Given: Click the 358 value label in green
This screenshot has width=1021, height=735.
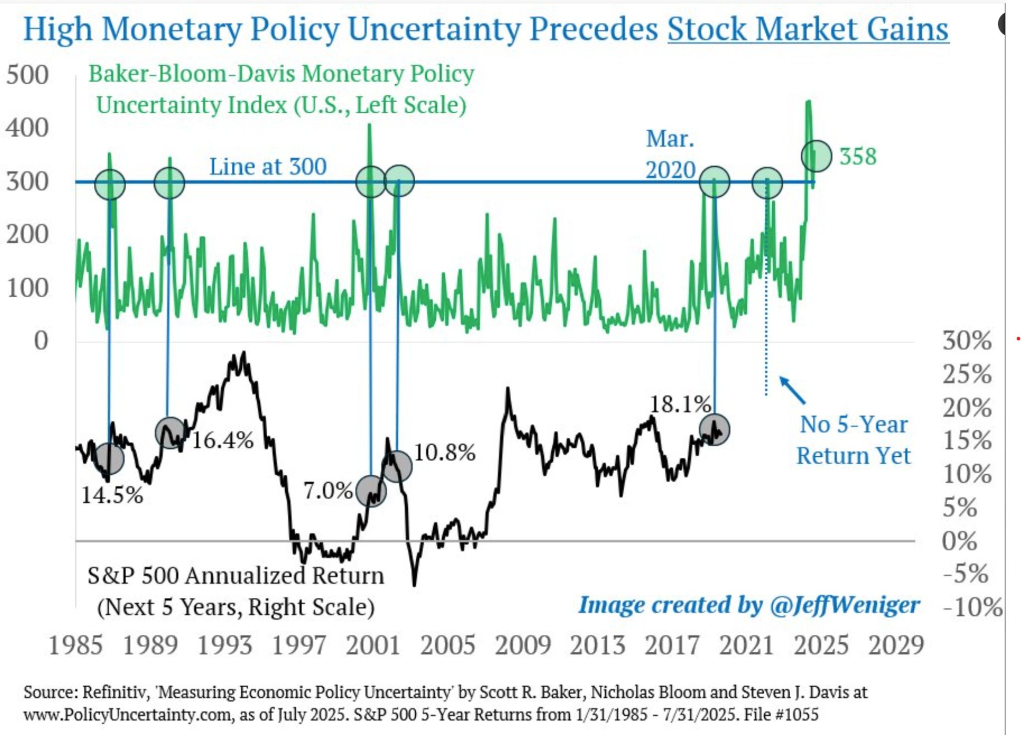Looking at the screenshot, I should click(x=857, y=157).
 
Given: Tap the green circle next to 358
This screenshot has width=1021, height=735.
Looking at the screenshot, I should click(x=817, y=156).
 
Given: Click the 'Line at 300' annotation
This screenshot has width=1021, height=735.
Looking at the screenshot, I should click(x=268, y=167).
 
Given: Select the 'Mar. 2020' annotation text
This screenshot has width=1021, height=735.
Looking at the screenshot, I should click(x=670, y=154).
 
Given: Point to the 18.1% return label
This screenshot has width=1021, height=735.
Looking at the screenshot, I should click(x=680, y=404).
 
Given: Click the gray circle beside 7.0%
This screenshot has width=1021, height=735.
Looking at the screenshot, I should click(x=371, y=491).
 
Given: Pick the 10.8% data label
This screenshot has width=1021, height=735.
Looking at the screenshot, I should click(x=445, y=453).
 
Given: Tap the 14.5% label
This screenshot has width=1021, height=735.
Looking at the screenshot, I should click(x=112, y=495).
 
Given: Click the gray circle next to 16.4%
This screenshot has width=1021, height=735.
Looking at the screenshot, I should click(x=170, y=433).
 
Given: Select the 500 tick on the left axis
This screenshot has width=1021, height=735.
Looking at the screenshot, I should click(x=27, y=75).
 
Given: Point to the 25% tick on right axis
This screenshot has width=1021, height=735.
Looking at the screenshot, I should click(x=966, y=374).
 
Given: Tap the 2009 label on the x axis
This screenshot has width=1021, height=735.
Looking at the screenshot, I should click(x=522, y=645).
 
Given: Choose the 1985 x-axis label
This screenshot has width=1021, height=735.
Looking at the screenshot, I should click(x=76, y=645).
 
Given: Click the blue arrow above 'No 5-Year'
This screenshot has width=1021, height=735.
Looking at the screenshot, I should click(x=793, y=390).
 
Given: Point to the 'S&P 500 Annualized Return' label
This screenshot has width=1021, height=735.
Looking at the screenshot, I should click(x=235, y=576).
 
